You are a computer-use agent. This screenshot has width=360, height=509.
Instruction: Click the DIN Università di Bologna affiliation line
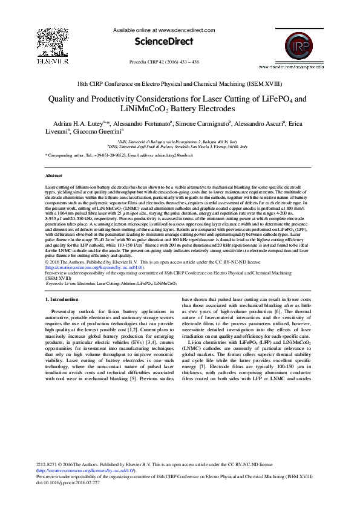pyautogui.click(x=179, y=141)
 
